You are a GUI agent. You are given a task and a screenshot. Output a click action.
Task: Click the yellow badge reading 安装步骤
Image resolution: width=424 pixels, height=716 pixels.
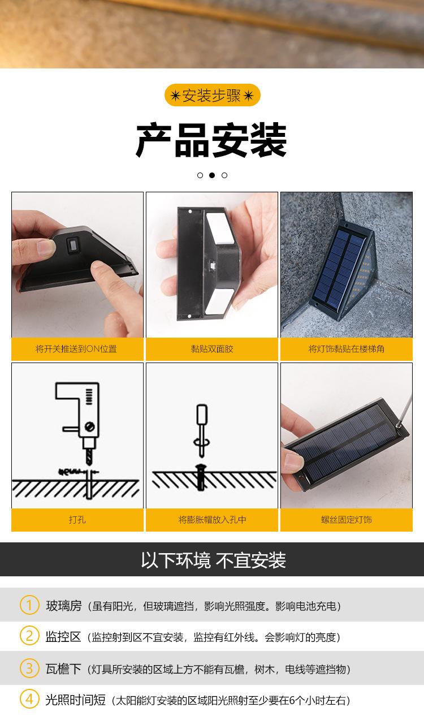pyautogui.click(x=212, y=95)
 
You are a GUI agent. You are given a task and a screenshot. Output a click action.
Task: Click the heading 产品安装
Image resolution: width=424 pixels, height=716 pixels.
pyautogui.click(x=211, y=140)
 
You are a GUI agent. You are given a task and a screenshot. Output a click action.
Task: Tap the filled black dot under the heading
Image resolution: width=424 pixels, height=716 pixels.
pyautogui.click(x=212, y=175)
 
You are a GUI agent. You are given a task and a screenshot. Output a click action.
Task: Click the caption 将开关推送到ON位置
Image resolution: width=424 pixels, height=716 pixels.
pyautogui.click(x=76, y=349)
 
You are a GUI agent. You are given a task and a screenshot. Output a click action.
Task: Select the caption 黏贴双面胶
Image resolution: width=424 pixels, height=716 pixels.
pyautogui.click(x=212, y=349)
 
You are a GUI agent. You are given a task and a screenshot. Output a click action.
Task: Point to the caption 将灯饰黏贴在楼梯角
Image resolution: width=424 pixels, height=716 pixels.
pyautogui.click(x=347, y=349)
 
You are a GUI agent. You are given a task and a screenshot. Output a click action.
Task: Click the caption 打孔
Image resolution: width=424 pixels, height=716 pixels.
pyautogui.click(x=77, y=519)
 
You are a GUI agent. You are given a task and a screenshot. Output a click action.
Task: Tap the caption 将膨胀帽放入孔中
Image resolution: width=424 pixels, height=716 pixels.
pyautogui.click(x=212, y=519)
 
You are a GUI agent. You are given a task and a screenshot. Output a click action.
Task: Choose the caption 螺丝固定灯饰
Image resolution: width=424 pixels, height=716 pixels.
pyautogui.click(x=347, y=519)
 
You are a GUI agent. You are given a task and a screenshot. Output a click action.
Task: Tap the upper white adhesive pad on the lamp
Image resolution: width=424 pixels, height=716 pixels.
pyautogui.click(x=220, y=227)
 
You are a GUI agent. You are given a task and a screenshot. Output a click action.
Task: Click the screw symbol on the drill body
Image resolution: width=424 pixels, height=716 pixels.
pyautogui.click(x=89, y=426)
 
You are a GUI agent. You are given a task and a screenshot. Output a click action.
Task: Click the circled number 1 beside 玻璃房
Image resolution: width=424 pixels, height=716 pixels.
pyautogui.click(x=29, y=605)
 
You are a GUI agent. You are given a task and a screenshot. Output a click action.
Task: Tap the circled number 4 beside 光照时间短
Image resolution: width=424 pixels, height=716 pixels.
pyautogui.click(x=29, y=699)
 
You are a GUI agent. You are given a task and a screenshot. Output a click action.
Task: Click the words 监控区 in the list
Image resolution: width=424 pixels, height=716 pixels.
pyautogui.click(x=63, y=637)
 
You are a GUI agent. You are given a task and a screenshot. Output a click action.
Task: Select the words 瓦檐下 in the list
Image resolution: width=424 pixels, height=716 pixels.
pyautogui.click(x=63, y=668)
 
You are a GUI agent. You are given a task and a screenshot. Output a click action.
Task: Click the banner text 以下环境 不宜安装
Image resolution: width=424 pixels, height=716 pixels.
pyautogui.click(x=213, y=560)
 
